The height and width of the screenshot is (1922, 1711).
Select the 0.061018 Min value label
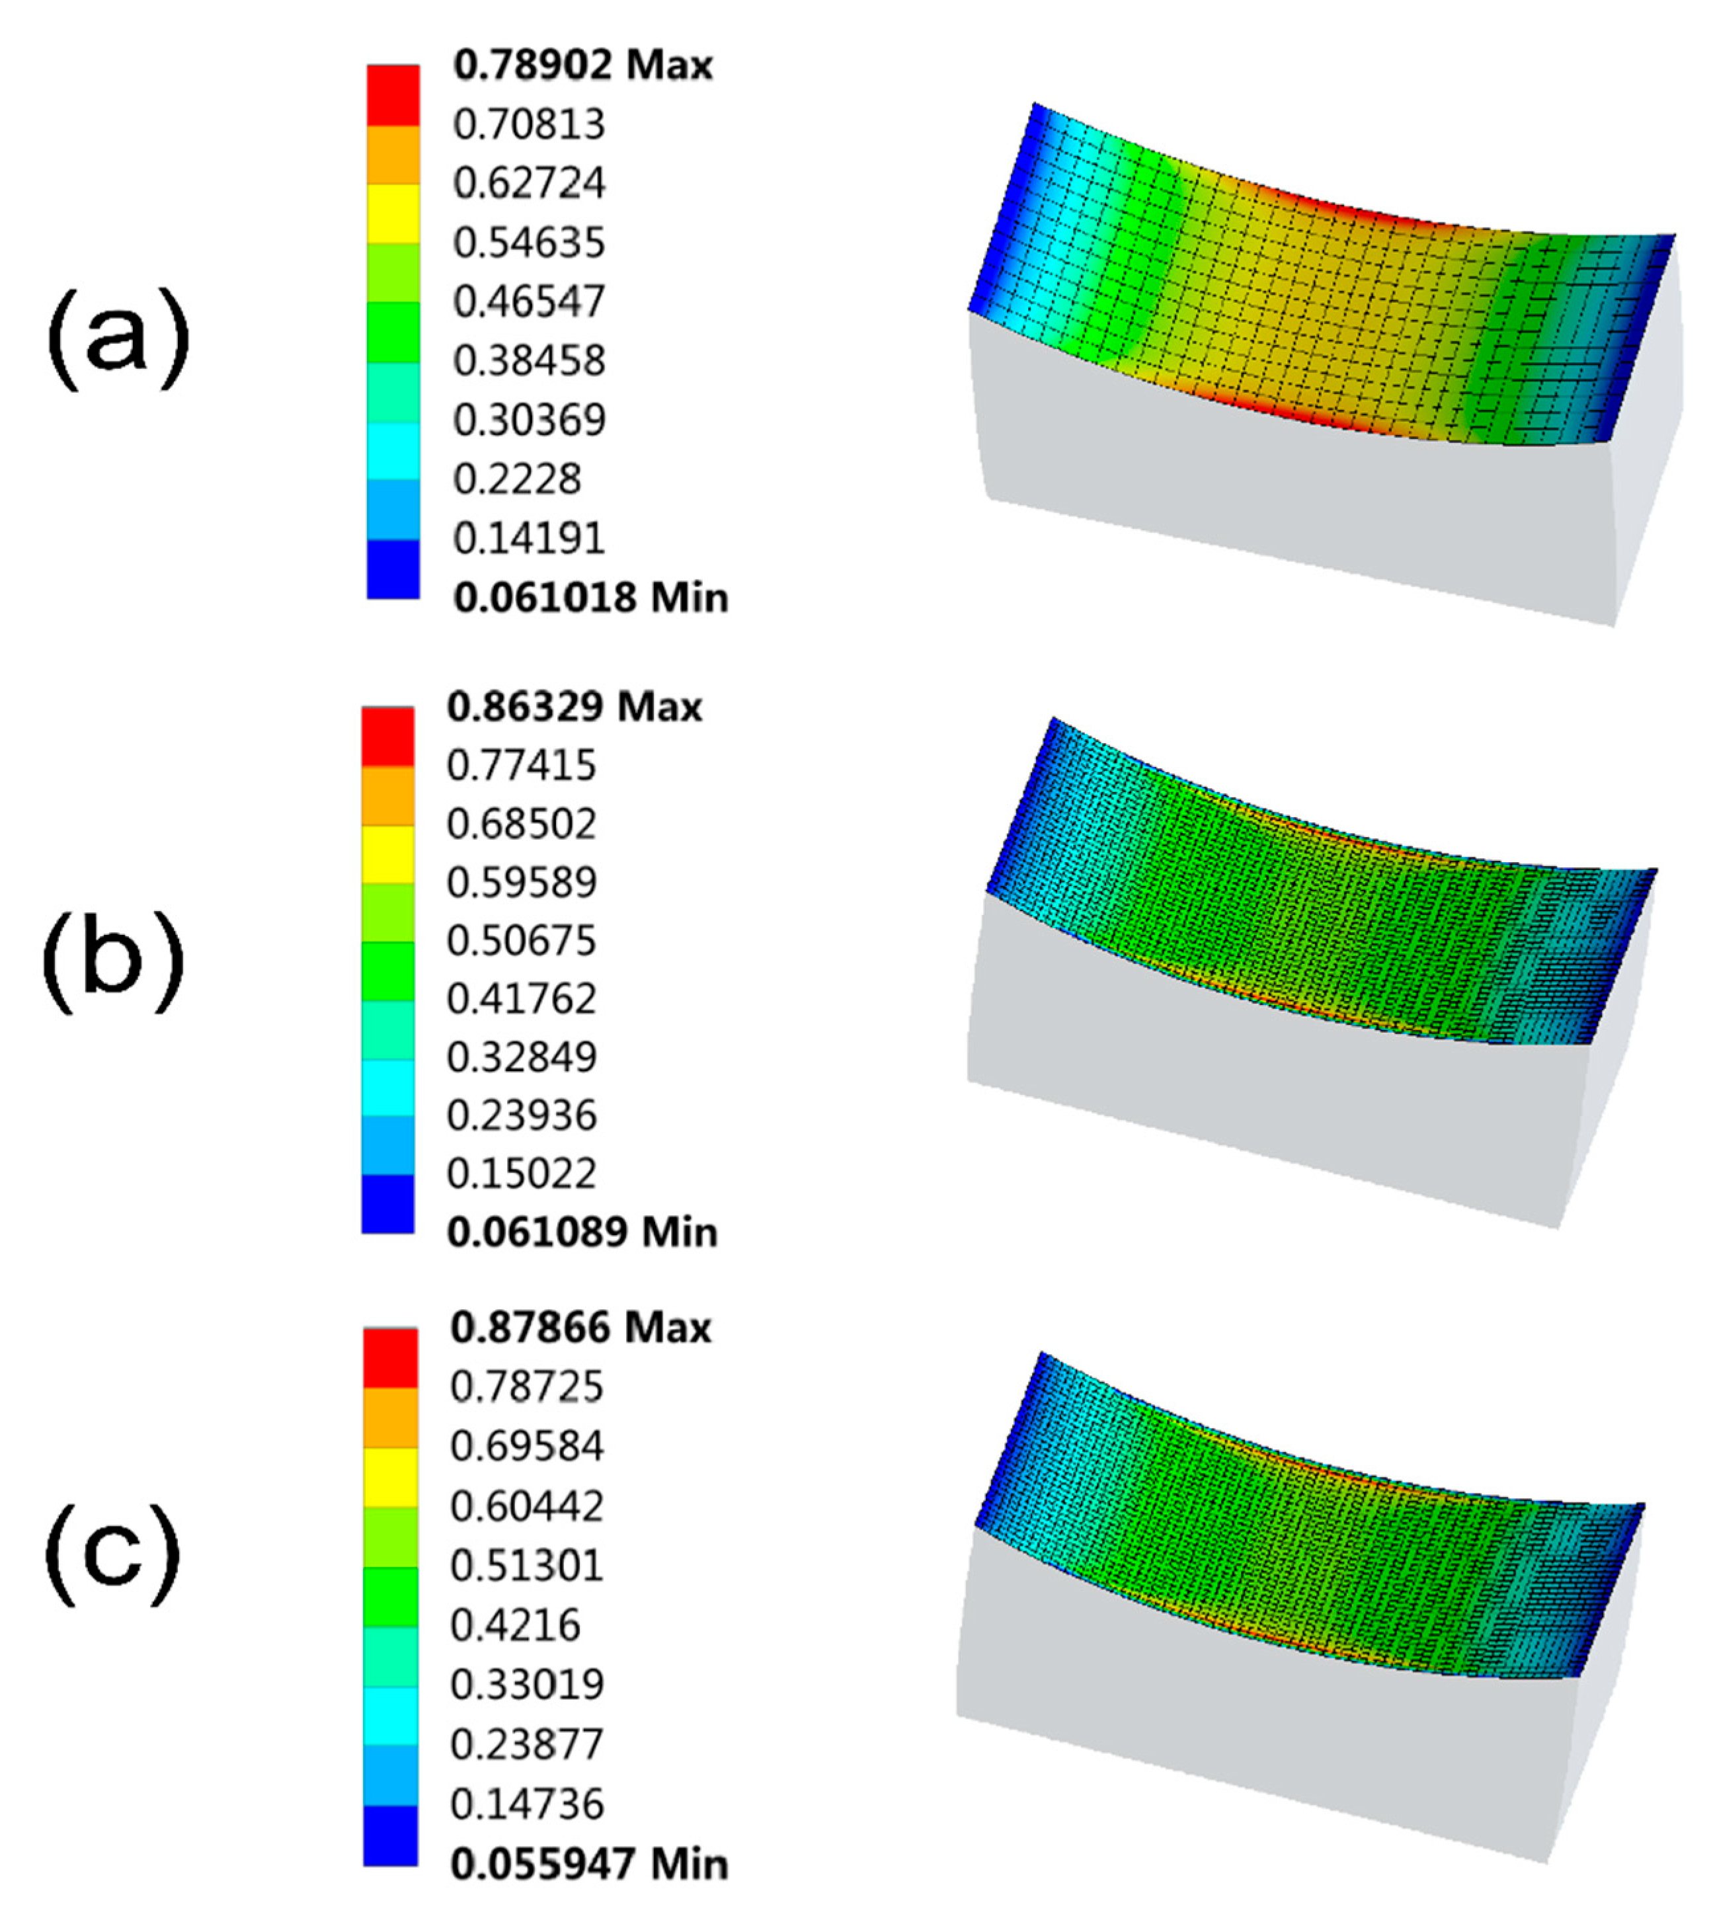tap(590, 597)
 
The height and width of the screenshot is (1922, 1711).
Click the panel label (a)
tap(118, 338)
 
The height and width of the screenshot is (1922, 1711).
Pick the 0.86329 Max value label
tap(575, 707)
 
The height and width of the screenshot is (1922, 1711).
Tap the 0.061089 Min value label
tap(582, 1232)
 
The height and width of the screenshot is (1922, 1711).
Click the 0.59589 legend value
tap(522, 883)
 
